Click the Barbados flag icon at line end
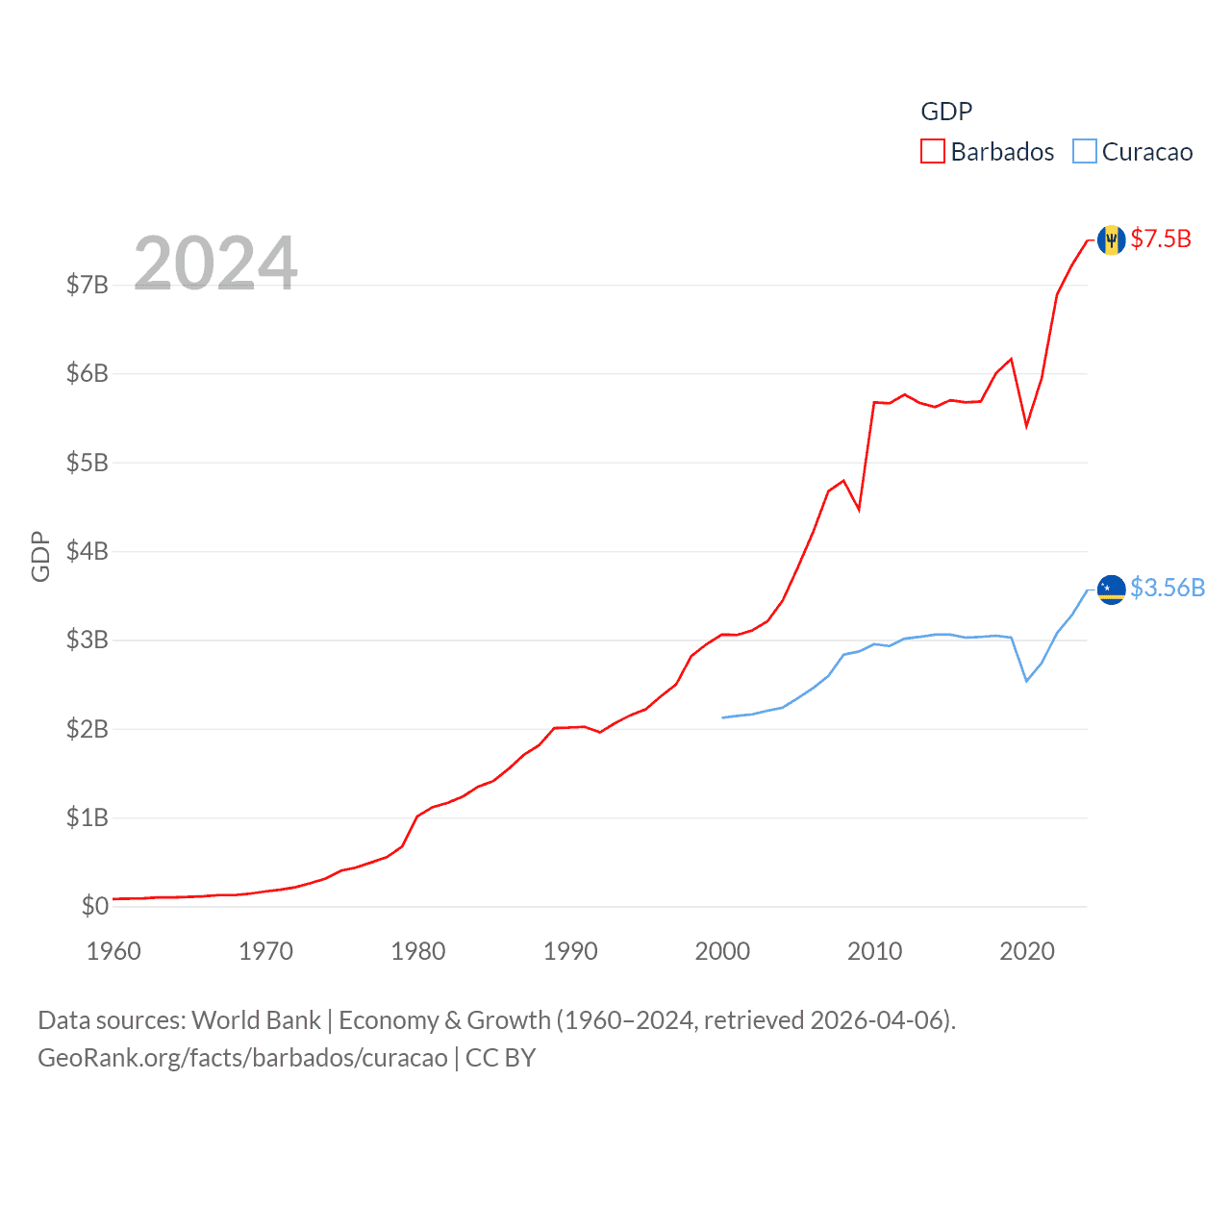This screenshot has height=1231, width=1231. click(1111, 239)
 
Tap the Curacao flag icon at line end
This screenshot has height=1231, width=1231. click(1111, 589)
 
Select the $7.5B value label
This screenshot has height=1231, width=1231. click(1161, 239)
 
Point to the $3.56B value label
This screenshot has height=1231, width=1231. click(1168, 588)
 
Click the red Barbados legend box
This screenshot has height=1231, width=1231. click(933, 152)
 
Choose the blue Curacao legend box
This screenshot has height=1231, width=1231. click(1085, 152)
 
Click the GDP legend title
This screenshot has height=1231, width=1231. click(946, 112)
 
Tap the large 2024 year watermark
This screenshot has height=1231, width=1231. click(215, 263)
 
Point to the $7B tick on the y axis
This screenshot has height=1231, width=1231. click(87, 285)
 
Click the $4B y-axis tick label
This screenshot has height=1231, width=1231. click(87, 551)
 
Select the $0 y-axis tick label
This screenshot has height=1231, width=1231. click(94, 906)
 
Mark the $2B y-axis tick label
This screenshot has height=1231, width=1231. click(87, 729)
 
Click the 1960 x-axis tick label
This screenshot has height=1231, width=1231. click(113, 951)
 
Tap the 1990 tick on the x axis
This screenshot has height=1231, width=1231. click(570, 951)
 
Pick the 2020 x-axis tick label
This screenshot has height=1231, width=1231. click(1027, 951)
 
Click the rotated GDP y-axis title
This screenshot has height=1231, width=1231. click(40, 556)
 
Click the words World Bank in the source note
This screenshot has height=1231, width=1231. click(256, 1020)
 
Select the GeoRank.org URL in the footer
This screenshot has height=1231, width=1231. click(242, 1058)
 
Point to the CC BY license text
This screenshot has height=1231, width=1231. click(500, 1058)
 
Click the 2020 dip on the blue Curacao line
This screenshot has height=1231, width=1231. click(1027, 681)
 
